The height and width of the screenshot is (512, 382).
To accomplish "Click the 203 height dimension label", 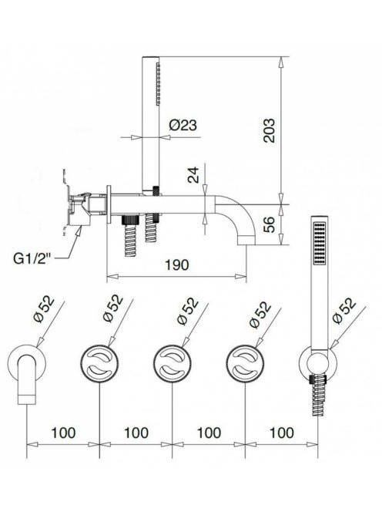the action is point(269,130).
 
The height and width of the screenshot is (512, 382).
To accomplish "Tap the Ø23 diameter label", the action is point(183,125).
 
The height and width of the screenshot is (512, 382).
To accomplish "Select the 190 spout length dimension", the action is point(176,264).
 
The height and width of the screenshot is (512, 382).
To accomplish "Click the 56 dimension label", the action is point(270,224).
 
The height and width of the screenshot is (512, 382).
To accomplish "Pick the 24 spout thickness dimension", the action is point(193,175).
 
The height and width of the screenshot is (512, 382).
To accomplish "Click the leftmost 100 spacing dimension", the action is point(63,433).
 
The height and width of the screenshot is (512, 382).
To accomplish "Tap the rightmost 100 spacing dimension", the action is point(282,433).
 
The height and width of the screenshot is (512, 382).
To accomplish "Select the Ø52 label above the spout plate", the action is point(45,308).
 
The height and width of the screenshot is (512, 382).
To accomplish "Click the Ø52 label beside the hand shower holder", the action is point(344,310).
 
